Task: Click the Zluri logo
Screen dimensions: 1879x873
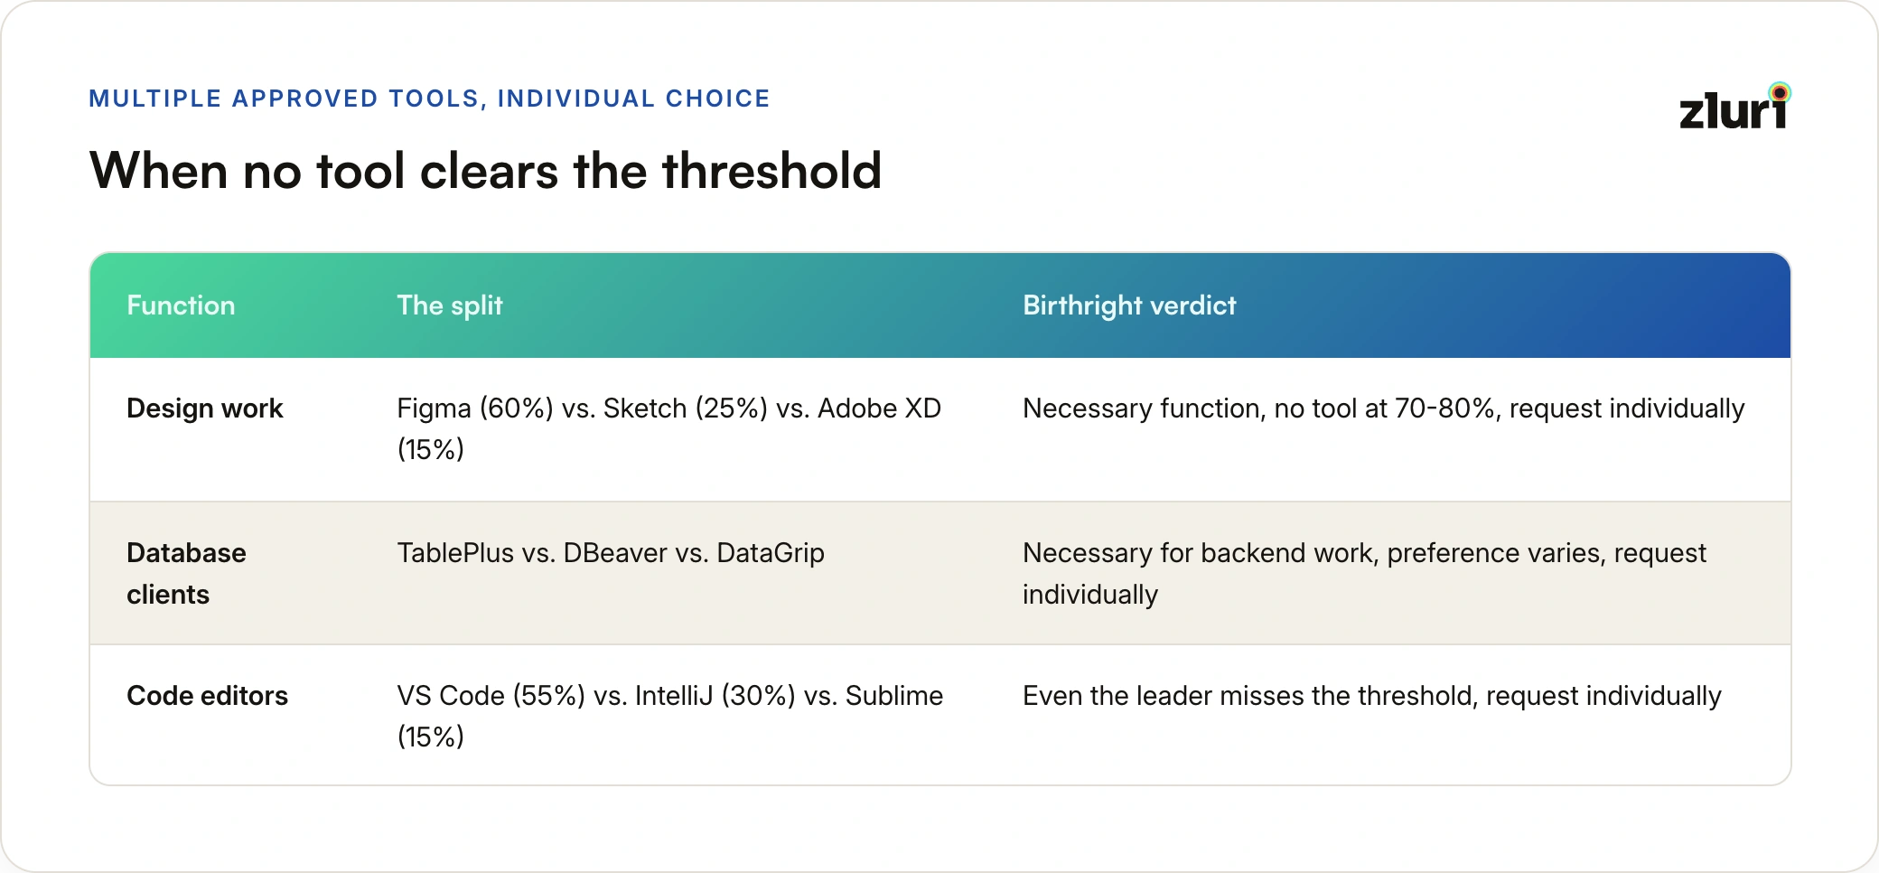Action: pyautogui.click(x=1734, y=107)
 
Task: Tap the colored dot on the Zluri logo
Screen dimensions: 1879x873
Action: pyautogui.click(x=1780, y=92)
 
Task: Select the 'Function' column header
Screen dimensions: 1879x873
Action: pyautogui.click(x=181, y=305)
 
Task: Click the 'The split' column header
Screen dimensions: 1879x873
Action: pyautogui.click(x=450, y=306)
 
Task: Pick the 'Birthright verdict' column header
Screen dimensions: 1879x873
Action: pyautogui.click(x=1129, y=306)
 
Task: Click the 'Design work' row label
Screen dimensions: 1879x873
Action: pyautogui.click(x=205, y=408)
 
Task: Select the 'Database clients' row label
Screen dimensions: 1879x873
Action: pyautogui.click(x=186, y=574)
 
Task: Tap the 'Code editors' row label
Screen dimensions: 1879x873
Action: pyautogui.click(x=207, y=696)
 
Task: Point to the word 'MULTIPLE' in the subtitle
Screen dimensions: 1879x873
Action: pyautogui.click(x=155, y=99)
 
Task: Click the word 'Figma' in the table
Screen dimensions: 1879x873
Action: pyautogui.click(x=435, y=408)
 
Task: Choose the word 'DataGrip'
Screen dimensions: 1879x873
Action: pyautogui.click(x=771, y=553)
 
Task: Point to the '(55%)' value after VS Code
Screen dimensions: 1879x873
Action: pyautogui.click(x=549, y=696)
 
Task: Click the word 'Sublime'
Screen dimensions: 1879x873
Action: pyautogui.click(x=894, y=696)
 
